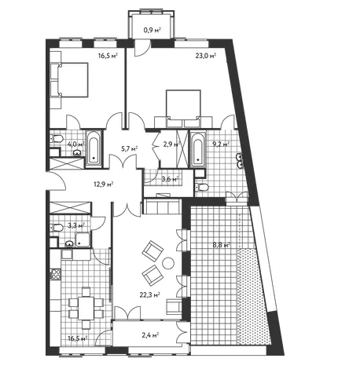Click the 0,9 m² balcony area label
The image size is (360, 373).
click(152, 30)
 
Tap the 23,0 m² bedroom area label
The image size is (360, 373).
click(206, 56)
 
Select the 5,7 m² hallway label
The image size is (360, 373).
click(130, 149)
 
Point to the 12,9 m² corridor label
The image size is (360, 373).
click(104, 185)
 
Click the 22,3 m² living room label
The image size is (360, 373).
click(150, 295)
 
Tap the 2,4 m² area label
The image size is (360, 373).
click(150, 335)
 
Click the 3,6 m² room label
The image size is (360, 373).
click(170, 179)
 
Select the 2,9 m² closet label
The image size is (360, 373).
click(171, 144)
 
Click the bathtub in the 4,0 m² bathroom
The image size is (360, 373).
click(94, 149)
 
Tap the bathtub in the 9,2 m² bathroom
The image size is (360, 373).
click(198, 149)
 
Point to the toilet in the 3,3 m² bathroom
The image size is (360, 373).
click(57, 228)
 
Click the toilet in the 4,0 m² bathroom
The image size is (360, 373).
click(56, 138)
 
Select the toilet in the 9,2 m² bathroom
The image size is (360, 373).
click(201, 187)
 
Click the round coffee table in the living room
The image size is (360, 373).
click(168, 263)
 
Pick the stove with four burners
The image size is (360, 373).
click(56, 275)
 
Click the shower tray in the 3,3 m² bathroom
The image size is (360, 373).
click(83, 240)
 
